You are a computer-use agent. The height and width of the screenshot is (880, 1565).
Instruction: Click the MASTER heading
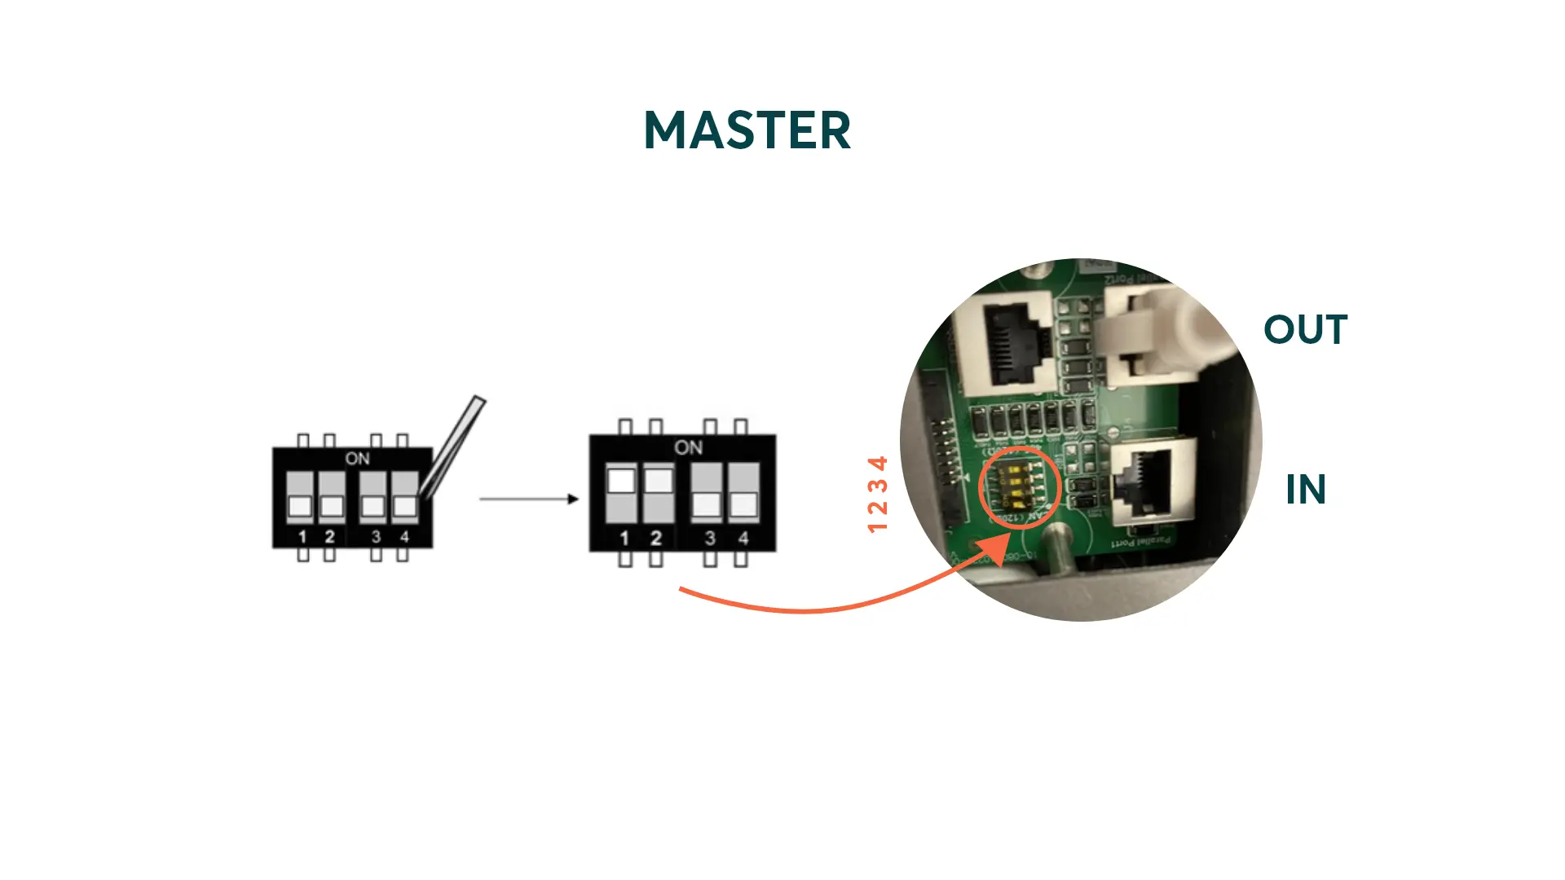747,130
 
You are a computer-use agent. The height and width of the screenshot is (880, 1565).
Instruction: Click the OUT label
1305,330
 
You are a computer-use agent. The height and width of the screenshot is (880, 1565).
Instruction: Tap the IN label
1306,490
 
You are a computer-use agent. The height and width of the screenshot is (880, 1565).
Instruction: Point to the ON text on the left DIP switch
357,459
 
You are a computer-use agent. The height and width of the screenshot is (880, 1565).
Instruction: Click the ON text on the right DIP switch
688,447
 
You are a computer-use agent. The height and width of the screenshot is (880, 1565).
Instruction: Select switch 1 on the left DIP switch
300,497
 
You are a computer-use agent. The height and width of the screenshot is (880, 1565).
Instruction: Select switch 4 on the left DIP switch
404,497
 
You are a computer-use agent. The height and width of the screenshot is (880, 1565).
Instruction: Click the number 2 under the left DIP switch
329,537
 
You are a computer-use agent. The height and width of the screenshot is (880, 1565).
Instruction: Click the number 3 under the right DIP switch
710,539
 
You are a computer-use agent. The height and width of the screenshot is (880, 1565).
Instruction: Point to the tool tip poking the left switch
424,493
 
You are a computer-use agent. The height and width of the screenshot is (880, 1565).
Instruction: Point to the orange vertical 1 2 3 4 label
877,495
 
